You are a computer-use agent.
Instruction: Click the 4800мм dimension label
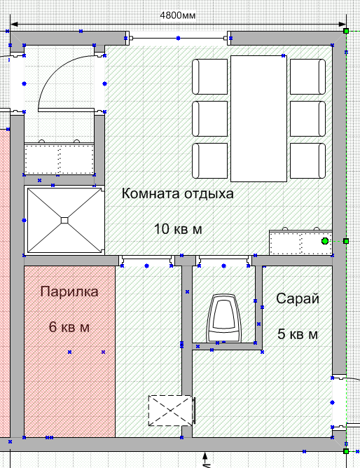(178, 15)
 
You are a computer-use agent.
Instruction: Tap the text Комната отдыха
(177, 193)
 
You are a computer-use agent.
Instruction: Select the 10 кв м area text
(178, 229)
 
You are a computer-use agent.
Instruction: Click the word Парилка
(69, 291)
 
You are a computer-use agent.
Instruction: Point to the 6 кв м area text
(69, 327)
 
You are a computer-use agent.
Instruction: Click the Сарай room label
(298, 298)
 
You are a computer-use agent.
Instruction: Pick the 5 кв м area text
(298, 334)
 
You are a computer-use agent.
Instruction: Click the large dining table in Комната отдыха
(258, 118)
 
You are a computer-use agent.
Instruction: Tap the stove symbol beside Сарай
(223, 318)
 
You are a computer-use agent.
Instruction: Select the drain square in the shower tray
(64, 220)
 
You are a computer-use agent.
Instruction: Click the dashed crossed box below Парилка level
(170, 411)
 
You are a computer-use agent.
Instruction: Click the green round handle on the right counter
(325, 241)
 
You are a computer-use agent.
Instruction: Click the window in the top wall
(178, 39)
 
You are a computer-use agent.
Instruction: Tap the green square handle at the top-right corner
(346, 31)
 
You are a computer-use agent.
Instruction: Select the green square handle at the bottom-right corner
(346, 451)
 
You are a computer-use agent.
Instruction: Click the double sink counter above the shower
(59, 158)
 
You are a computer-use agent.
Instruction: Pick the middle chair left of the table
(209, 119)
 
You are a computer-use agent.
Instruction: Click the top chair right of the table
(307, 76)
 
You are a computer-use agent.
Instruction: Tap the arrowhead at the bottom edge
(205, 455)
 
